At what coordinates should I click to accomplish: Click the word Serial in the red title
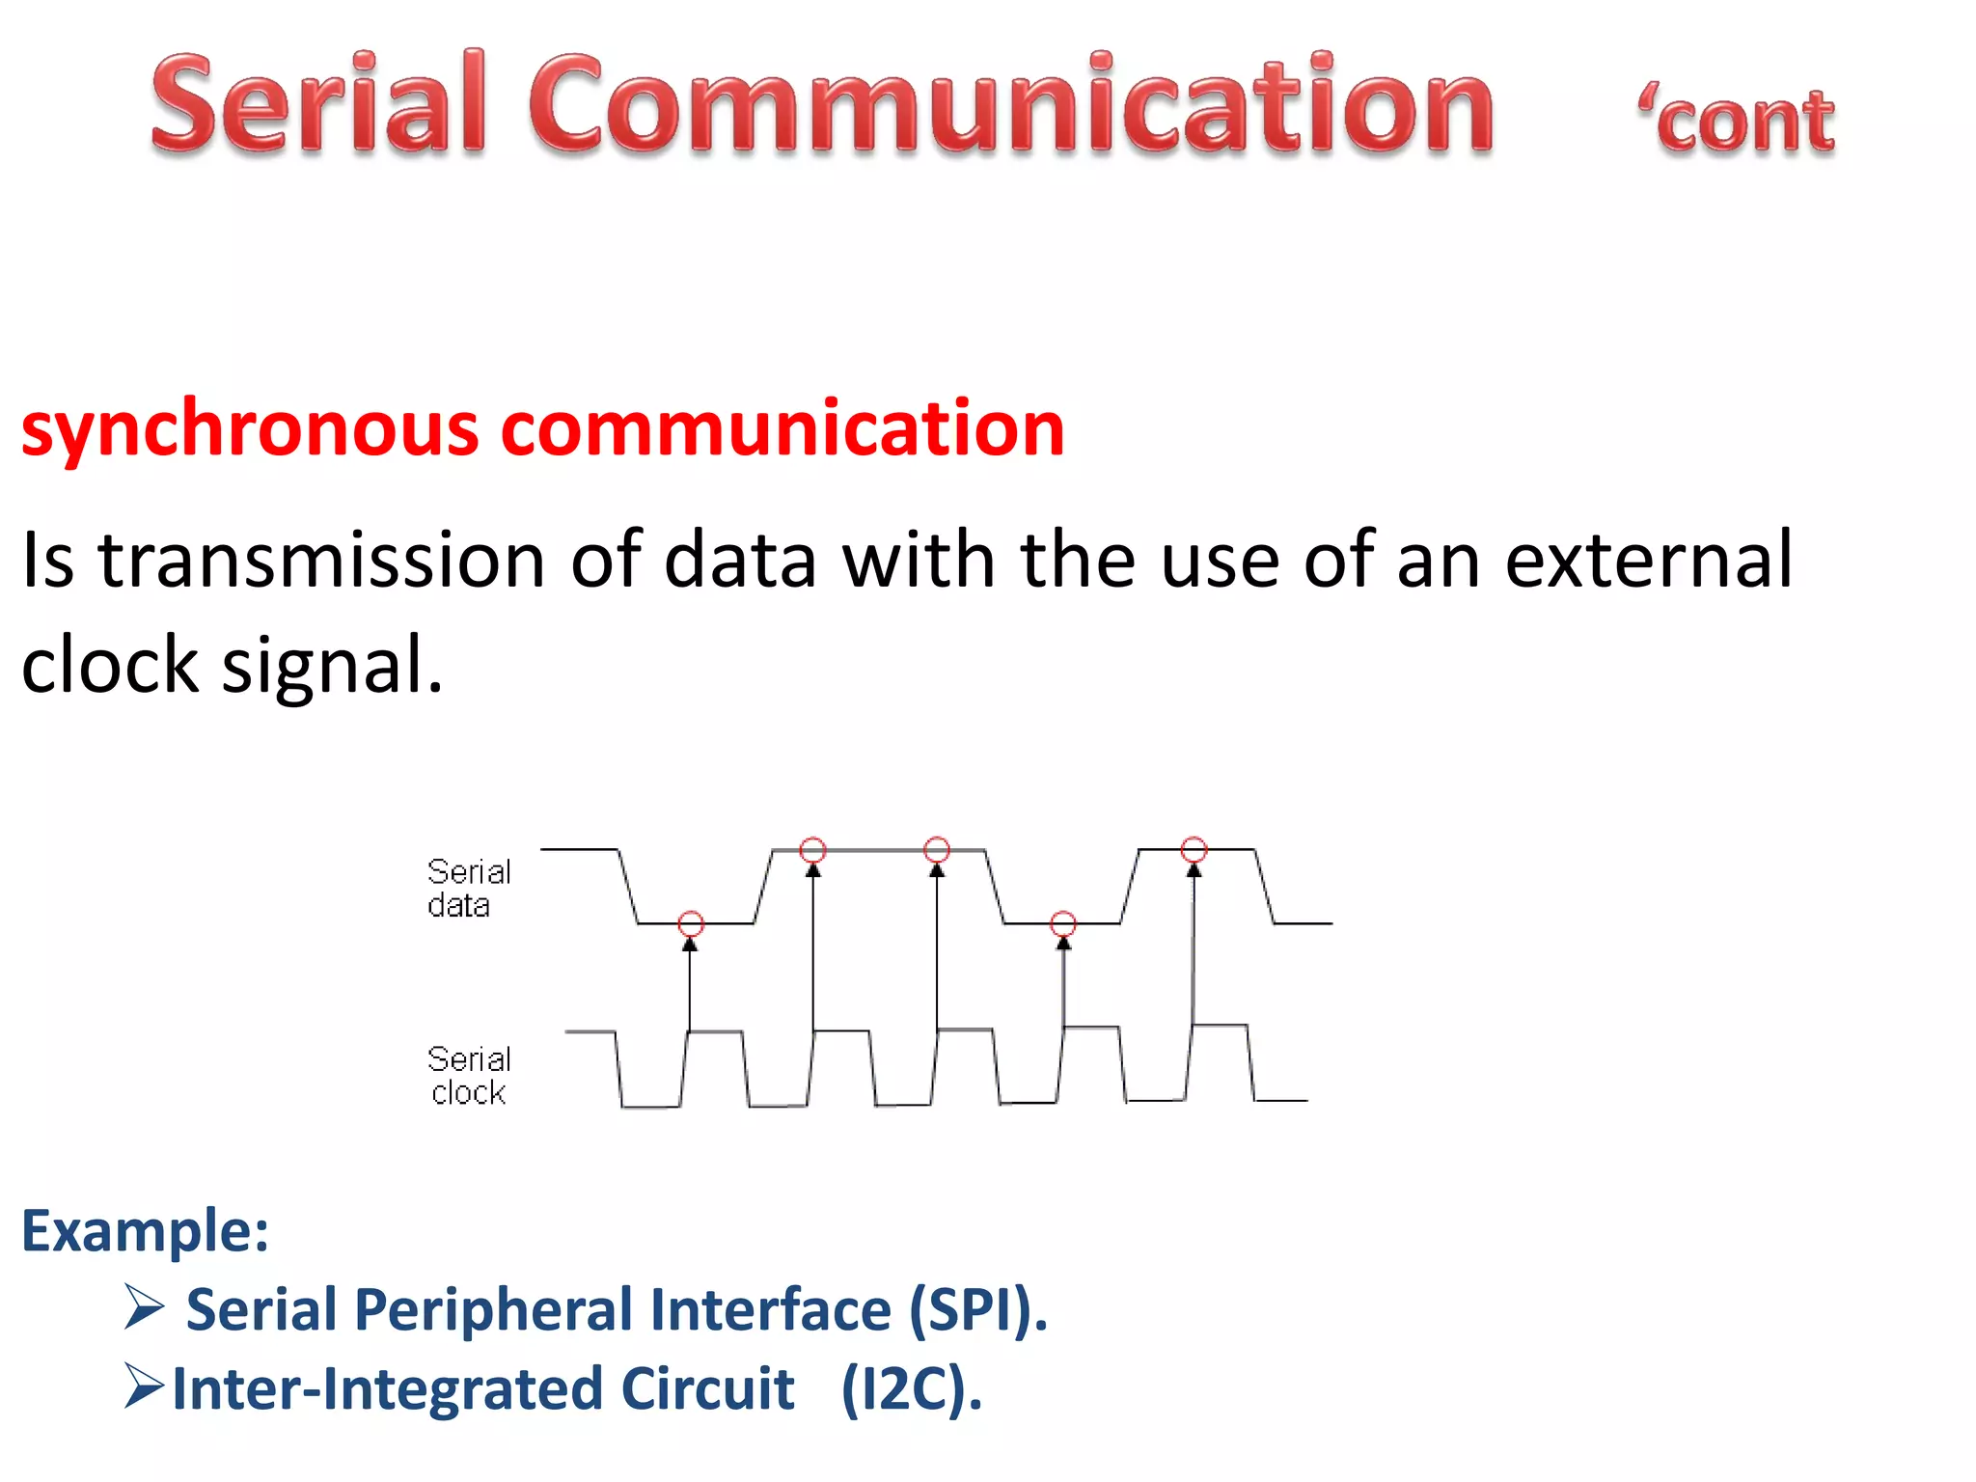click(x=318, y=104)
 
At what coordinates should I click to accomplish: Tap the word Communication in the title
click(x=1011, y=104)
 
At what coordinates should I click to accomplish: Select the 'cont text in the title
click(x=1737, y=122)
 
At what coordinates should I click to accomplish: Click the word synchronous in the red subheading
click(x=249, y=430)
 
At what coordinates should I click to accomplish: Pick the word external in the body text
click(x=1648, y=560)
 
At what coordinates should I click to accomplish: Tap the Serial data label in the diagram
click(x=468, y=888)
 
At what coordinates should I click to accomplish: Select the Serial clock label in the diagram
click(x=468, y=1075)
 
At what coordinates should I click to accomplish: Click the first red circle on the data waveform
click(x=691, y=923)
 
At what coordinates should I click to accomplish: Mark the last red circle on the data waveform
click(x=1194, y=849)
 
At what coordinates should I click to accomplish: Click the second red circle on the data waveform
click(x=813, y=850)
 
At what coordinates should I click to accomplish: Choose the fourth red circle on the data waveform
click(x=1063, y=923)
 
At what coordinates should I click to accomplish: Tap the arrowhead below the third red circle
click(x=937, y=870)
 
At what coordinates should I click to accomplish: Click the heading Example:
click(x=145, y=1231)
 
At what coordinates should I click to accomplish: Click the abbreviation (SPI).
click(x=977, y=1310)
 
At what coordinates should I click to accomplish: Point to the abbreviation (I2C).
click(x=912, y=1389)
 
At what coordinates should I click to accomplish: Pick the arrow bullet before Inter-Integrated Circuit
click(x=144, y=1386)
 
